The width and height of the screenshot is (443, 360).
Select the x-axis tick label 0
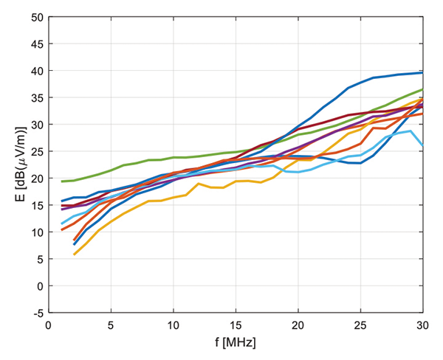tap(49, 325)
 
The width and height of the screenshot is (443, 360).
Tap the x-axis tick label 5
tap(111, 325)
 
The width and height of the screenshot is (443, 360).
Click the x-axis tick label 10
tap(174, 325)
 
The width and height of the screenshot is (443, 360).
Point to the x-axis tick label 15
tap(236, 325)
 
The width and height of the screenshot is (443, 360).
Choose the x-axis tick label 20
tap(298, 325)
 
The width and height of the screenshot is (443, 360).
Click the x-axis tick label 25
tap(360, 325)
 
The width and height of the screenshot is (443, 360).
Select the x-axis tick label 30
tap(422, 325)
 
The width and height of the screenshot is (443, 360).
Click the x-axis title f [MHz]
tap(236, 344)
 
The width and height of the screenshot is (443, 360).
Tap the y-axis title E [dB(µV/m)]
tap(14, 165)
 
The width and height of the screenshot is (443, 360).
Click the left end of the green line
tap(61, 181)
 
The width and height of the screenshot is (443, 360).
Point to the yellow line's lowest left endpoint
tap(74, 255)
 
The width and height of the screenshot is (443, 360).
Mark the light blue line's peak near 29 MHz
tap(411, 131)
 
